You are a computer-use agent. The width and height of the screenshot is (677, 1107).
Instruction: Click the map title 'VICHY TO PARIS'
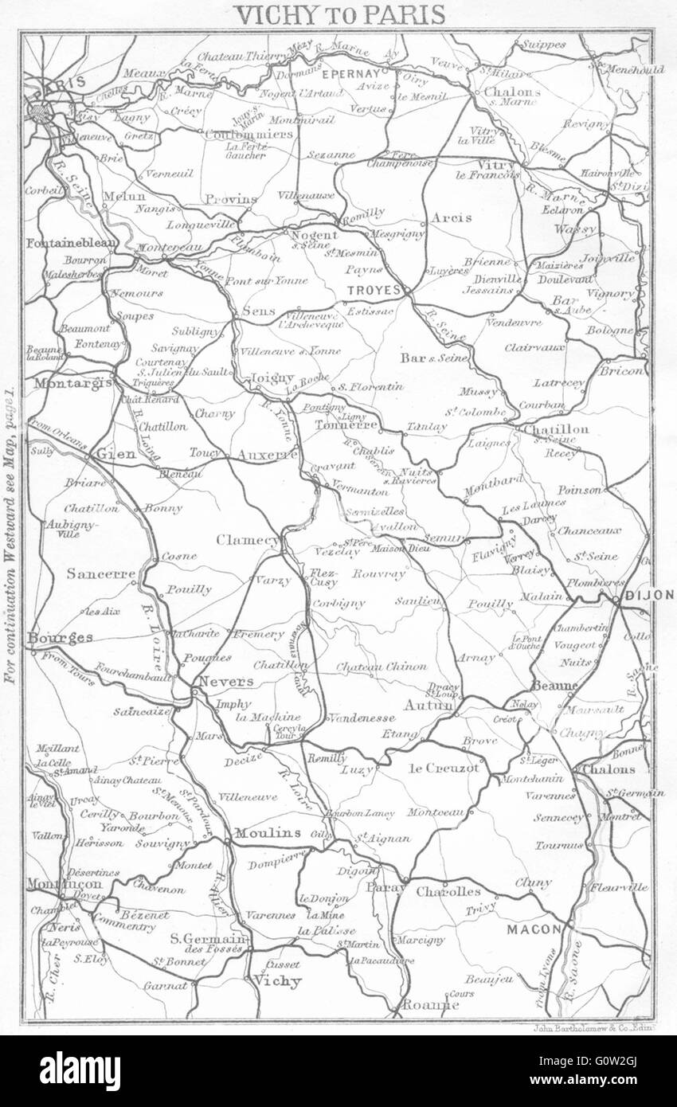coord(338,14)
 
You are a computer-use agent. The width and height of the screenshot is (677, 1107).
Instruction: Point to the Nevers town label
coord(225,682)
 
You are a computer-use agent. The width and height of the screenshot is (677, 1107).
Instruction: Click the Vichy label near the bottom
coord(276,982)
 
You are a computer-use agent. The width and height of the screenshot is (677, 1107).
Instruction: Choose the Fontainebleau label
coord(66,243)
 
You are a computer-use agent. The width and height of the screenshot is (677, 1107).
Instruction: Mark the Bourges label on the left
coord(60,637)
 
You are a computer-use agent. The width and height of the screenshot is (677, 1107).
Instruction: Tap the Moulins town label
coord(267,833)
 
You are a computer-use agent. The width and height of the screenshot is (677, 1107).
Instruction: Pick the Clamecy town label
coord(248,540)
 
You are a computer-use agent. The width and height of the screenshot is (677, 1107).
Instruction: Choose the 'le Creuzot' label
coord(444,769)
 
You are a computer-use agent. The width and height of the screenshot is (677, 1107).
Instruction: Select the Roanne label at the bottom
coord(430,1005)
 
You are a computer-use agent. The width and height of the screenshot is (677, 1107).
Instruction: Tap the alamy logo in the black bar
coord(80,1071)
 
